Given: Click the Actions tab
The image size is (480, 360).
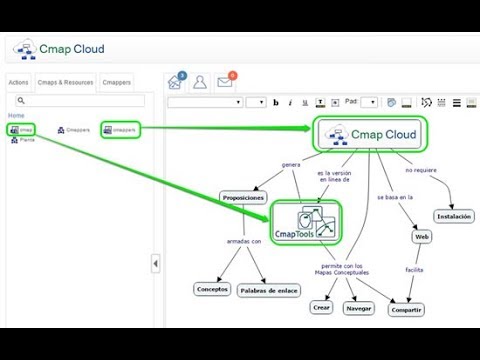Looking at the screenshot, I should [17, 83].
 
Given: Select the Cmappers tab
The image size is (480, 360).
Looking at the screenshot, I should [117, 83].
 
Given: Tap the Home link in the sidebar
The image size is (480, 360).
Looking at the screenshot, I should [16, 115].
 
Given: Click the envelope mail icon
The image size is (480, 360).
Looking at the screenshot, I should [225, 82].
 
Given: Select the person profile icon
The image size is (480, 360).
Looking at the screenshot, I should [200, 82].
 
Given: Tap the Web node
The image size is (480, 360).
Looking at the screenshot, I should [421, 237].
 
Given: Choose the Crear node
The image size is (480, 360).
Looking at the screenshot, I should [321, 309].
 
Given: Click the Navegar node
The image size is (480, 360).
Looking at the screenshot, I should [359, 309].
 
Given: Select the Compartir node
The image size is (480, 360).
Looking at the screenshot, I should [406, 309].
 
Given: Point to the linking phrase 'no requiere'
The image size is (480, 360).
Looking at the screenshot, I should [421, 171].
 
